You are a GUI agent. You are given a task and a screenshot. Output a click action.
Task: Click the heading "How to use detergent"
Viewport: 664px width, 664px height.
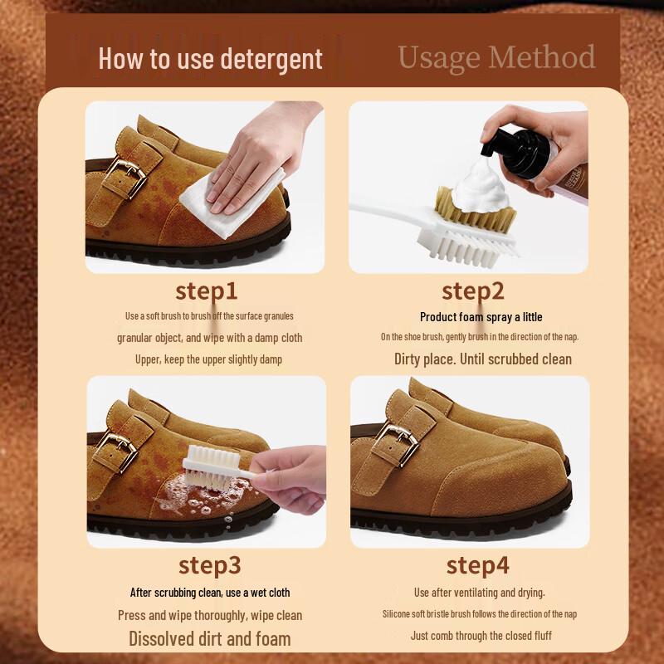coord(211,58)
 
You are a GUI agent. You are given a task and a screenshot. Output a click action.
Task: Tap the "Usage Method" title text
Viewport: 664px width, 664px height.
coord(496,57)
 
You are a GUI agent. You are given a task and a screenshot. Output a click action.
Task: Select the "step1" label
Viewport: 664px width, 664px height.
coord(206,291)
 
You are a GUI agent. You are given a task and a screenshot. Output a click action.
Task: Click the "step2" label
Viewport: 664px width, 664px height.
coord(472,291)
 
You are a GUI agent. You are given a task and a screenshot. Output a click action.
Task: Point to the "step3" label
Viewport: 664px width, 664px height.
coord(210,565)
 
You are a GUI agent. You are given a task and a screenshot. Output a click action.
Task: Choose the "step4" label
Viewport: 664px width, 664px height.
coord(477,565)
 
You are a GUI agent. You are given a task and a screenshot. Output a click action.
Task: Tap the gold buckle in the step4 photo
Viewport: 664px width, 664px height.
coord(397,445)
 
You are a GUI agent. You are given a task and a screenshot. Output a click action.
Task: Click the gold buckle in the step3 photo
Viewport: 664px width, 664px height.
coord(115,452)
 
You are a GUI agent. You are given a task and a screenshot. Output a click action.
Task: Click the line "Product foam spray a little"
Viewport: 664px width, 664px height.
coord(481,317)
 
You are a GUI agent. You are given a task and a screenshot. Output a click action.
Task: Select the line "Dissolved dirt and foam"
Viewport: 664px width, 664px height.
coord(210,638)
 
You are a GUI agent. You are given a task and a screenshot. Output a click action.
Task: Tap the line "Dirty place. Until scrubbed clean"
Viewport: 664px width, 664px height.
coord(483,359)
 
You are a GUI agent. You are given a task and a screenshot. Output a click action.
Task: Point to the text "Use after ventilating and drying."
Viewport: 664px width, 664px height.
coord(480,593)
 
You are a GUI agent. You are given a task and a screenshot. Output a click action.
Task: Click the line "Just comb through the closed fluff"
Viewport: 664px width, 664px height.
coord(481,635)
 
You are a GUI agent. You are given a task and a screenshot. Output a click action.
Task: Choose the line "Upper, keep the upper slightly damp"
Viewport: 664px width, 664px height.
coord(208,359)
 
